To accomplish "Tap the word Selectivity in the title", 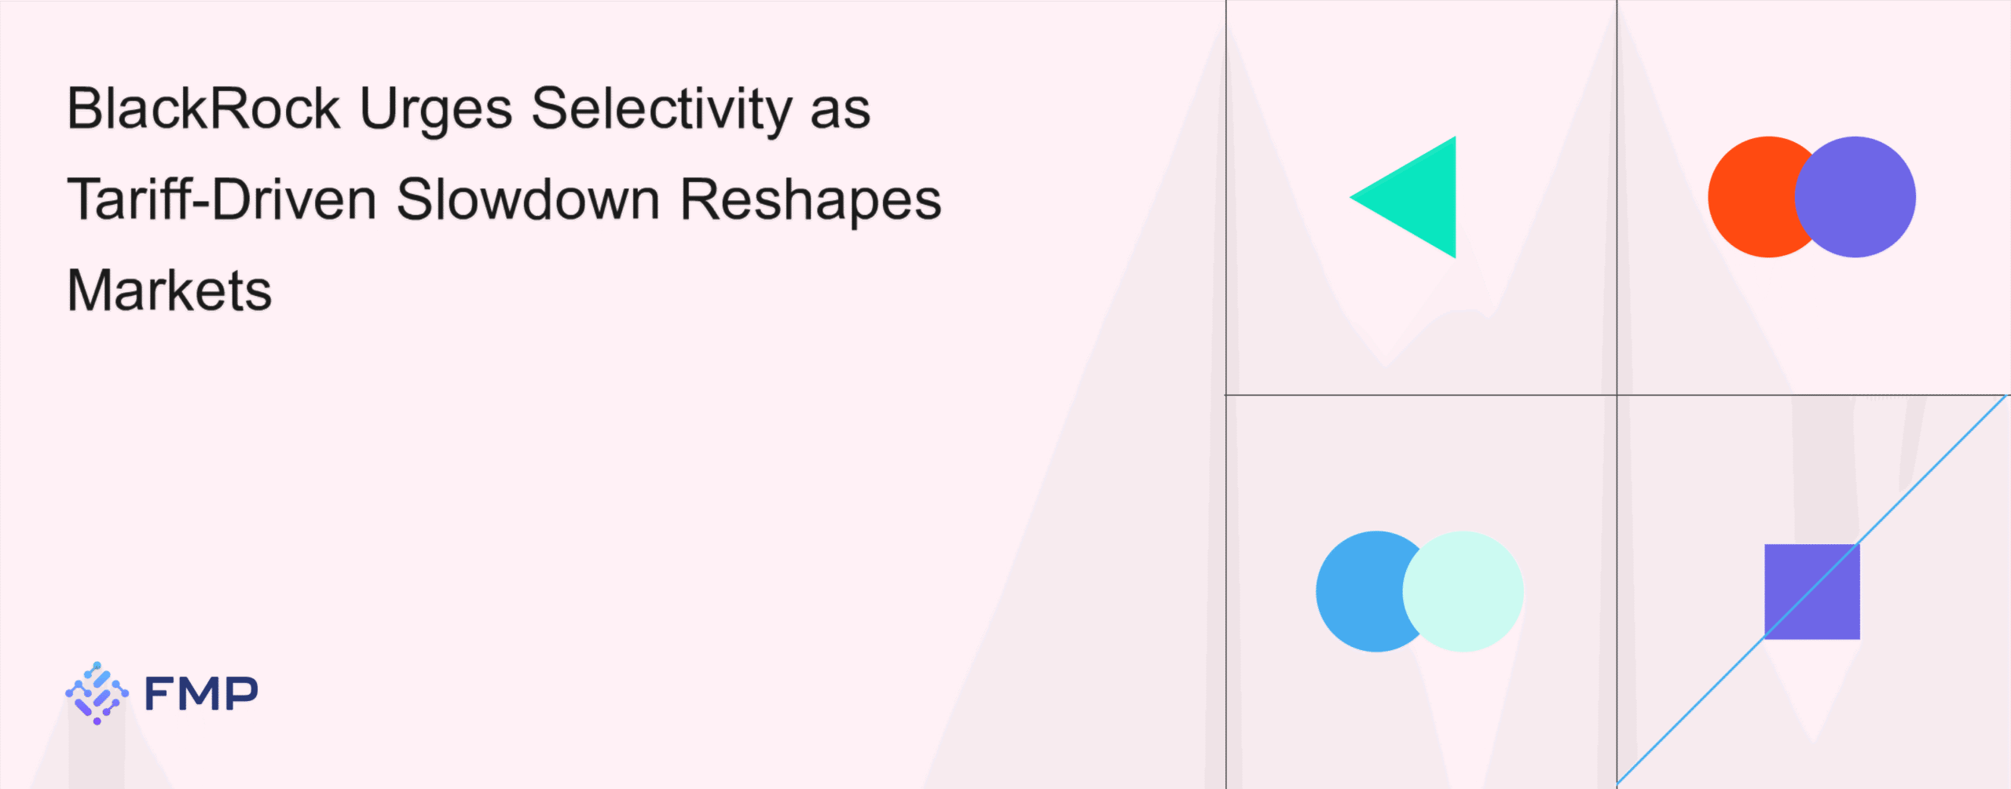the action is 661,112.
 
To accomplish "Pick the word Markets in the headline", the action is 170,290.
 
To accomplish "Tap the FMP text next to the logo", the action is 201,693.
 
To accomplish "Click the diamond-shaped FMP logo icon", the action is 97,693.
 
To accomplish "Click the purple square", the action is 1812,591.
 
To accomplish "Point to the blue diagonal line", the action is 1812,590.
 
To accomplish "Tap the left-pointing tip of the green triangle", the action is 1350,197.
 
